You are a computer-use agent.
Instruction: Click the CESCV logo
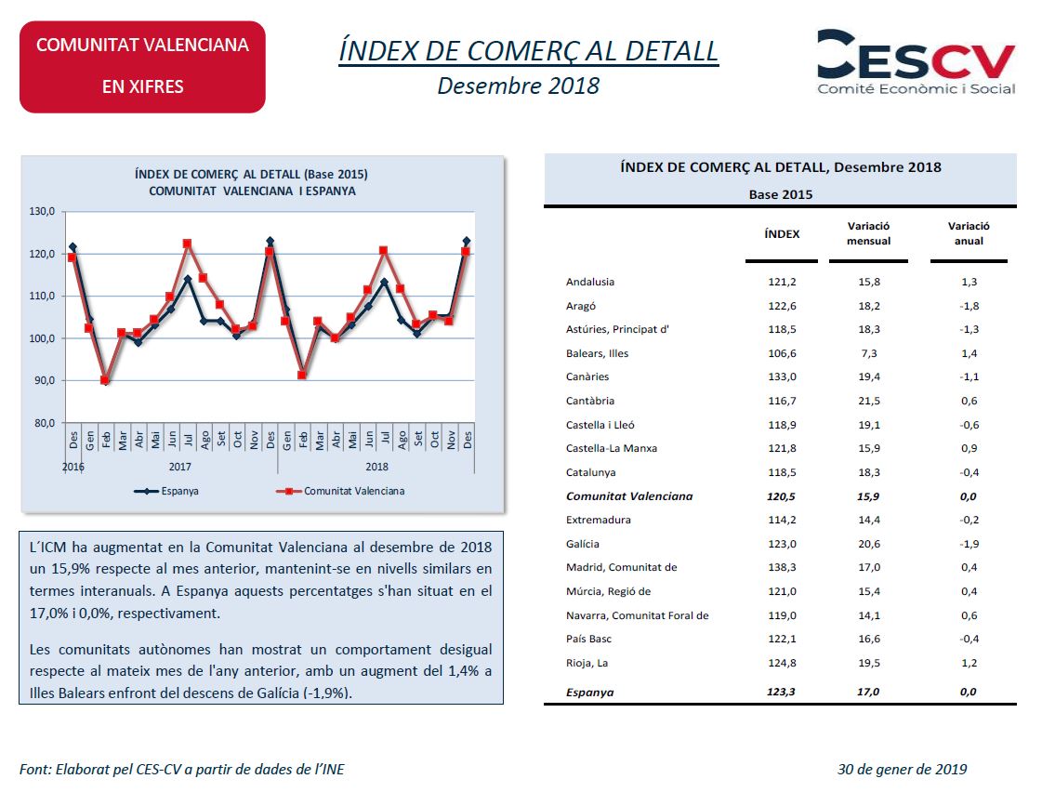tap(916, 61)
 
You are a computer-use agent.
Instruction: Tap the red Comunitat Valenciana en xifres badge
tap(142, 66)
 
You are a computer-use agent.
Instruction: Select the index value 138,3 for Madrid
tap(782, 568)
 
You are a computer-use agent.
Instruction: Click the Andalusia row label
tap(590, 283)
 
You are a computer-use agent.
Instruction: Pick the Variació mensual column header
tap(869, 233)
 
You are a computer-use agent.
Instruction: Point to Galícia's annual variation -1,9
tap(969, 544)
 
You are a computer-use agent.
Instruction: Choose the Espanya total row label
tap(590, 693)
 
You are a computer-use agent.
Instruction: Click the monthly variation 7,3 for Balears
tap(869, 353)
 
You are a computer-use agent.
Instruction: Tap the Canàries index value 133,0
tap(782, 377)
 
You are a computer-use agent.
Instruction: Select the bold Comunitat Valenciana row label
tap(629, 496)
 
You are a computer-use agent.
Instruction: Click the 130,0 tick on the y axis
tap(43, 212)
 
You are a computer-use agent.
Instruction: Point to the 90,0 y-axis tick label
tap(45, 381)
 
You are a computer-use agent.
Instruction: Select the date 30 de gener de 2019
tap(902, 770)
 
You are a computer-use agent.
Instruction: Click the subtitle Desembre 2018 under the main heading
tap(519, 86)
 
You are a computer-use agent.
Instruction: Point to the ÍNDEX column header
tap(782, 234)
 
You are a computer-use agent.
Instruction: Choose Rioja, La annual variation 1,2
tap(969, 664)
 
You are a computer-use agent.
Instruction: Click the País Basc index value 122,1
tap(782, 640)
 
